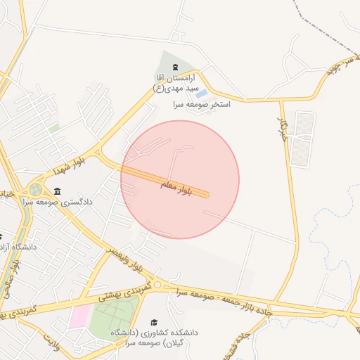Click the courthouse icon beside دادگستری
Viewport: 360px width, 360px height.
(x=57, y=191)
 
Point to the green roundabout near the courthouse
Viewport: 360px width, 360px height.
(x=35, y=189)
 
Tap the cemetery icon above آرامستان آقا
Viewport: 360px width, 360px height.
(x=175, y=67)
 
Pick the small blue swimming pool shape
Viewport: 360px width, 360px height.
(x=202, y=94)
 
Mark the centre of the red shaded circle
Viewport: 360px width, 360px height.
(x=180, y=179)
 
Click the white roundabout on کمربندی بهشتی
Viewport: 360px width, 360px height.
(x=158, y=285)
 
